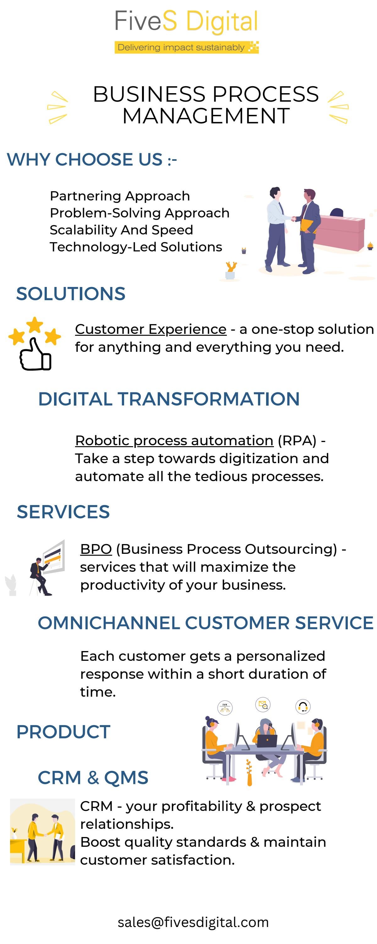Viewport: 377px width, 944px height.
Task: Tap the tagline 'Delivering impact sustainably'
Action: tap(181, 47)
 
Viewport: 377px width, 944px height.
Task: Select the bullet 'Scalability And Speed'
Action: tap(121, 230)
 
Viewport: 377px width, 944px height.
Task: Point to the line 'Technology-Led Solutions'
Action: tap(136, 247)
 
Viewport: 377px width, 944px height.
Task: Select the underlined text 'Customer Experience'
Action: tap(150, 329)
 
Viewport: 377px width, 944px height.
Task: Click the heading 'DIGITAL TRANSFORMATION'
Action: tap(169, 399)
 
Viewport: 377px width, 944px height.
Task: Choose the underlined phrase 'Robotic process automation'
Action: tap(174, 441)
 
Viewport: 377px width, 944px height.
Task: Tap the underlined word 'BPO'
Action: tap(96, 549)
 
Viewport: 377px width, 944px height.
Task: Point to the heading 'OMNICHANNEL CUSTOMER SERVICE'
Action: tap(205, 623)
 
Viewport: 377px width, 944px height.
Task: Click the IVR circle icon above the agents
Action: tap(225, 708)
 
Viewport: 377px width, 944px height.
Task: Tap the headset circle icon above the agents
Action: tap(303, 706)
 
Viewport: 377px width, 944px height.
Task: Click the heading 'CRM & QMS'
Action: tap(93, 777)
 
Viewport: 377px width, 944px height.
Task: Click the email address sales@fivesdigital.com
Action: tap(193, 922)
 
